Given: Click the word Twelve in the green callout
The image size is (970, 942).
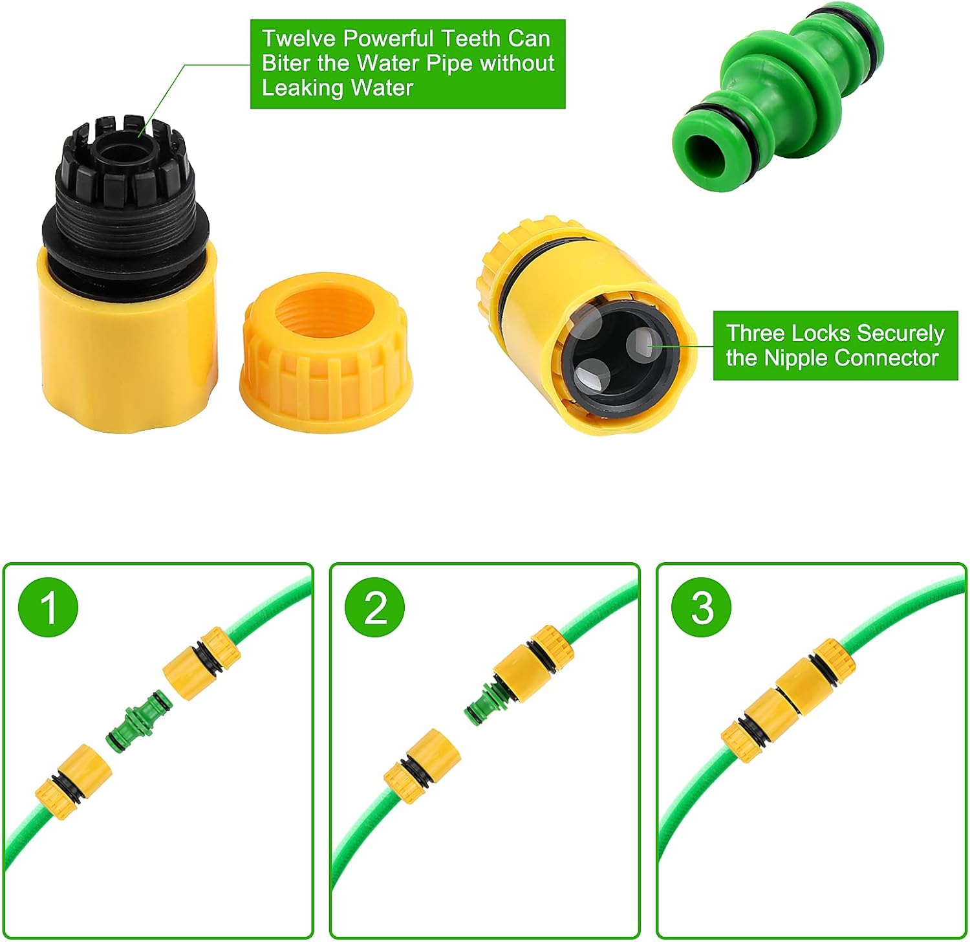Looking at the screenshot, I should (x=299, y=39).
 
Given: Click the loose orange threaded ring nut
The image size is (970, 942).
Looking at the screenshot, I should (x=326, y=353).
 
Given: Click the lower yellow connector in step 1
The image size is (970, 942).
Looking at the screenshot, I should (x=72, y=781).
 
